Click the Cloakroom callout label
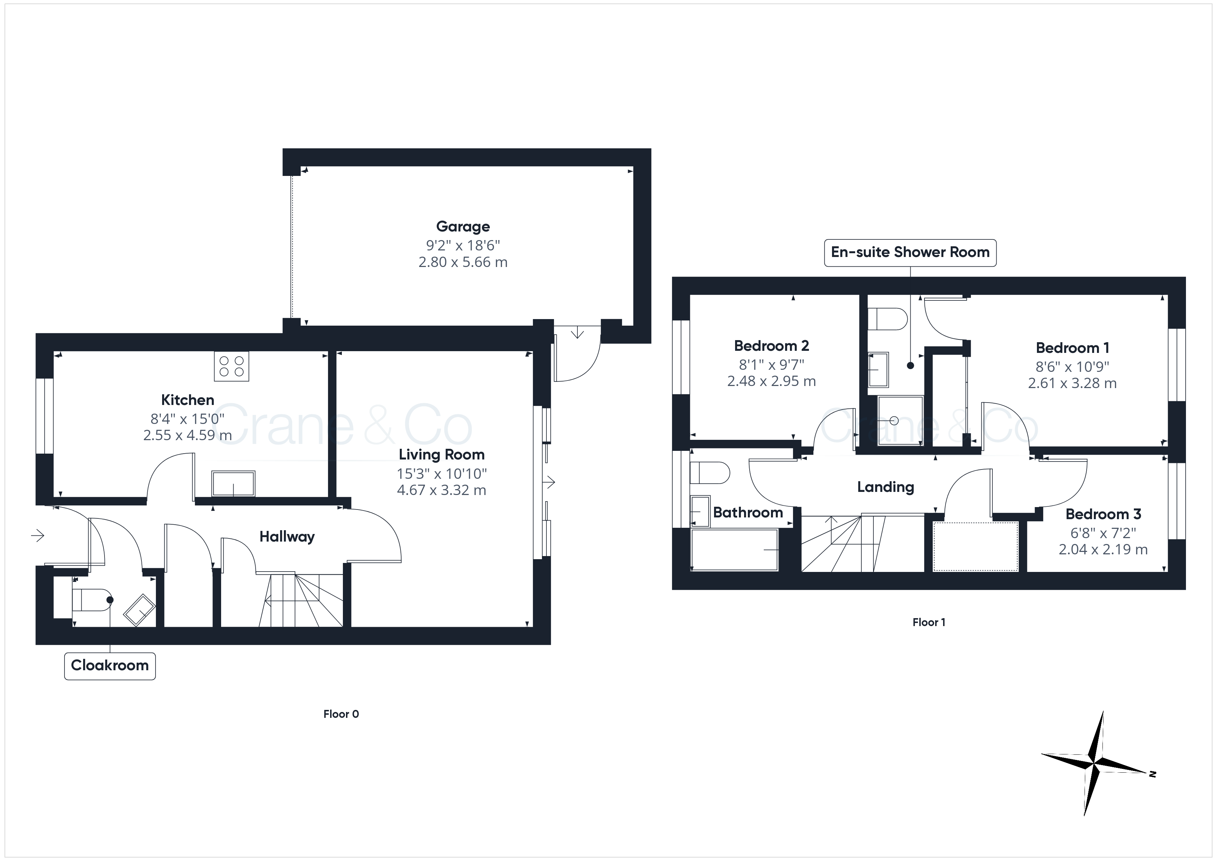click(x=110, y=665)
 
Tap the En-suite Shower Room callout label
click(x=910, y=253)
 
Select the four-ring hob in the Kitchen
click(x=231, y=366)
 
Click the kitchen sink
click(x=233, y=483)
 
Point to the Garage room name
click(x=463, y=227)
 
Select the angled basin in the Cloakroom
click(x=139, y=610)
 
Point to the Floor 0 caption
click(x=341, y=714)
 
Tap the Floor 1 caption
click(x=929, y=622)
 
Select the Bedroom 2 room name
click(x=771, y=346)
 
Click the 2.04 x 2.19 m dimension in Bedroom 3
click(x=1103, y=550)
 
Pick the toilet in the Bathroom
click(x=710, y=472)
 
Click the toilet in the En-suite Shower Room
click(x=887, y=319)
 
